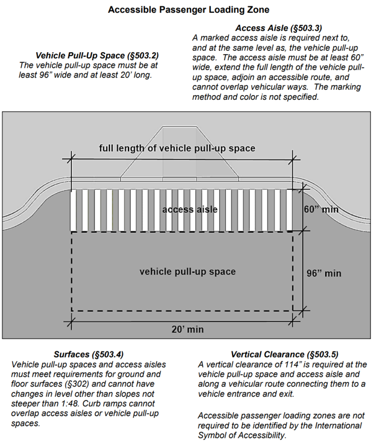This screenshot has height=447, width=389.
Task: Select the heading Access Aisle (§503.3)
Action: [278, 28]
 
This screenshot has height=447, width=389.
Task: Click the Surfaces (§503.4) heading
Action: [88, 354]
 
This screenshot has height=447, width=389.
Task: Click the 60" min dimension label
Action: [321, 209]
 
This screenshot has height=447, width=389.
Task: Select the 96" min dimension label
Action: [324, 273]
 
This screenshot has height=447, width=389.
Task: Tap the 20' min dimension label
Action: [187, 329]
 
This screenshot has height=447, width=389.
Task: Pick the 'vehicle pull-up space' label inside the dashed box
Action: [187, 272]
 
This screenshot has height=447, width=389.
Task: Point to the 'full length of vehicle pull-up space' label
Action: [177, 148]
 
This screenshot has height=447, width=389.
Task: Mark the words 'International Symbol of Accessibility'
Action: [280, 430]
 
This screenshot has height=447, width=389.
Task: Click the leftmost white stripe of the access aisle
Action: [74, 210]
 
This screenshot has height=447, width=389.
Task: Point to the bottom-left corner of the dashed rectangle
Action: [72, 310]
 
